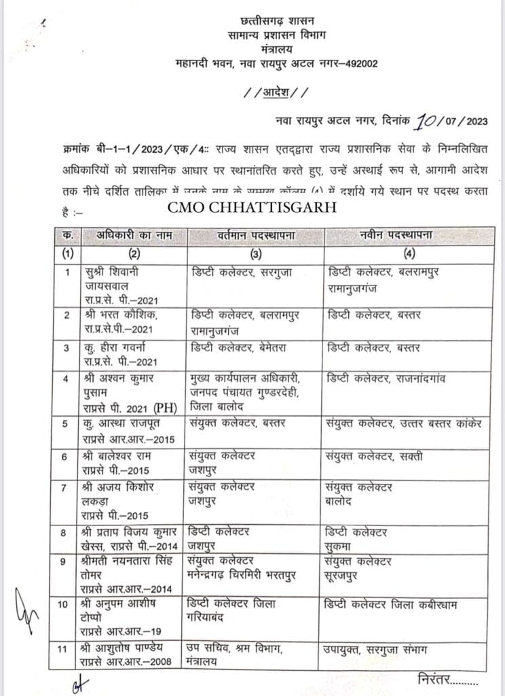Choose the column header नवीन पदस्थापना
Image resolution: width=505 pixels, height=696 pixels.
(x=394, y=236)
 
